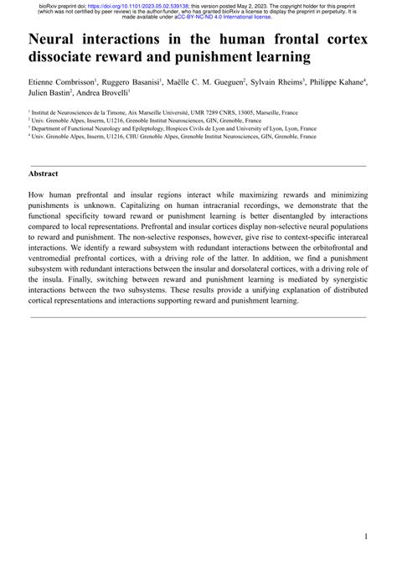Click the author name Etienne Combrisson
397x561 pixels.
pyautogui.click(x=62, y=83)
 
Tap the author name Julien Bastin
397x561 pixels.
pyautogui.click(x=53, y=95)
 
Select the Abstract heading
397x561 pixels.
pyautogui.click(x=43, y=173)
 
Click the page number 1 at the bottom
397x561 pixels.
pyautogui.click(x=366, y=536)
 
